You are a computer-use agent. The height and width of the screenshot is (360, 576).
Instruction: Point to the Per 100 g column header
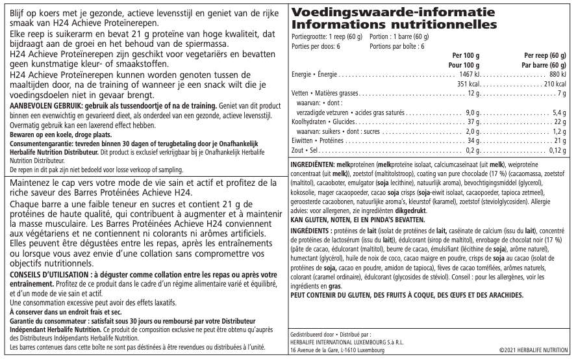[x=466, y=57]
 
